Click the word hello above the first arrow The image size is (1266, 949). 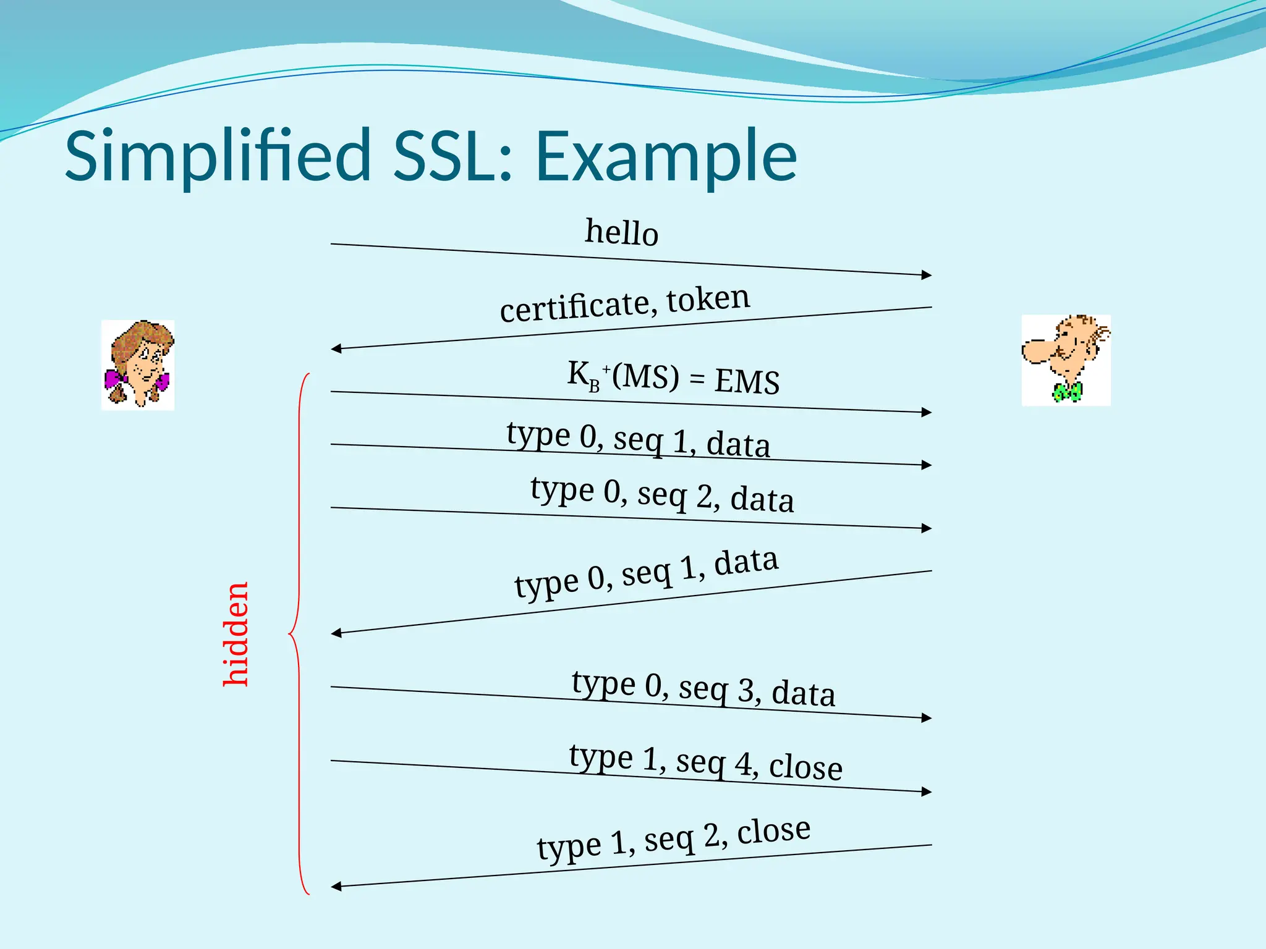[621, 233]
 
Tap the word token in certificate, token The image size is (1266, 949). [708, 299]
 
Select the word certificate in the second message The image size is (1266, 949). [575, 306]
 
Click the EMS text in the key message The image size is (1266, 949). [747, 381]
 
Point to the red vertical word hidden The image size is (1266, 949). [236, 634]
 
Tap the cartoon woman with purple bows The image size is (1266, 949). [138, 365]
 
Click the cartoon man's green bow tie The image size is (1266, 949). [1068, 392]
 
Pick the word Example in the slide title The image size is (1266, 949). [666, 156]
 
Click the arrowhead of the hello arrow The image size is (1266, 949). [927, 275]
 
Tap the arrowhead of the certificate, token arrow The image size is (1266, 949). [336, 349]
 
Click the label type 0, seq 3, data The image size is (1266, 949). [703, 689]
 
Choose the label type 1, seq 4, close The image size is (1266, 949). [705, 762]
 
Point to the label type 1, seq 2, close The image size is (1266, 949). [673, 838]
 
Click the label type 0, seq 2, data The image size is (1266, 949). [662, 494]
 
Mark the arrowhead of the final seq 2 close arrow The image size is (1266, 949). [336, 887]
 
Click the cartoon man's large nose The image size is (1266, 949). [1035, 351]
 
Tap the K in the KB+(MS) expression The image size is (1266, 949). [578, 373]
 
